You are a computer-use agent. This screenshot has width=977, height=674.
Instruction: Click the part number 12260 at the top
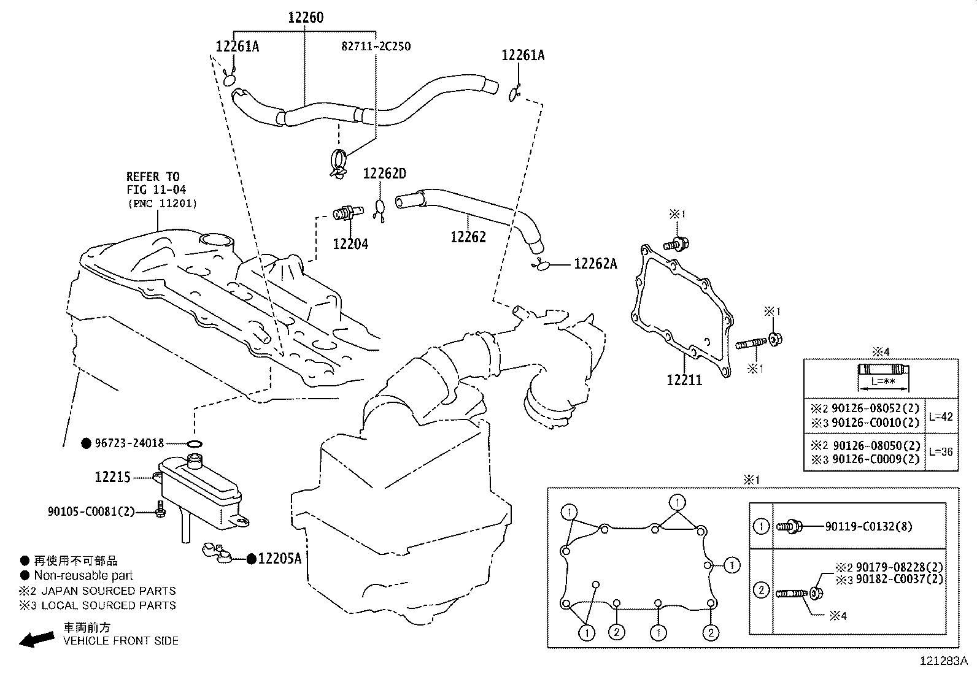pos(306,17)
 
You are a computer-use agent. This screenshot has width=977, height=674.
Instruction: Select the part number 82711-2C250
pos(376,46)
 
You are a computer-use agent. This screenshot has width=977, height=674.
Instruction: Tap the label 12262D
pos(384,174)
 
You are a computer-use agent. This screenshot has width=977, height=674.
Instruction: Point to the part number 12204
pos(350,244)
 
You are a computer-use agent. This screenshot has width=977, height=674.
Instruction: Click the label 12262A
pos(595,264)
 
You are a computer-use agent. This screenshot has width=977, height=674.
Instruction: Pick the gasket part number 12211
pos(684,380)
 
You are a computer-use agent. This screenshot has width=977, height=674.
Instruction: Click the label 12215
pos(113,477)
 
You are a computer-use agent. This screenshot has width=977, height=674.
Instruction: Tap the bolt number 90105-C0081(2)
pos(91,511)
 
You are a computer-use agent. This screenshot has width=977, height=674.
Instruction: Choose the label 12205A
pos(280,558)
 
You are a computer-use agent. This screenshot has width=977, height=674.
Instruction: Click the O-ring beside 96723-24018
pos(195,443)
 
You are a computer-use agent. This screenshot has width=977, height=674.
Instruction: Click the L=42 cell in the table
pos(940,416)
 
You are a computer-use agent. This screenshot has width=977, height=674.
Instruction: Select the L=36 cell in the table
pos(940,452)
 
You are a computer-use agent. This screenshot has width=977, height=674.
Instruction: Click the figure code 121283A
pos(943,661)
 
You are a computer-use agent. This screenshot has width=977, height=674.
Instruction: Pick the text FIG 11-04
pos(156,190)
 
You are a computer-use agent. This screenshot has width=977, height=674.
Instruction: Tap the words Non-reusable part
pos(83,575)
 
